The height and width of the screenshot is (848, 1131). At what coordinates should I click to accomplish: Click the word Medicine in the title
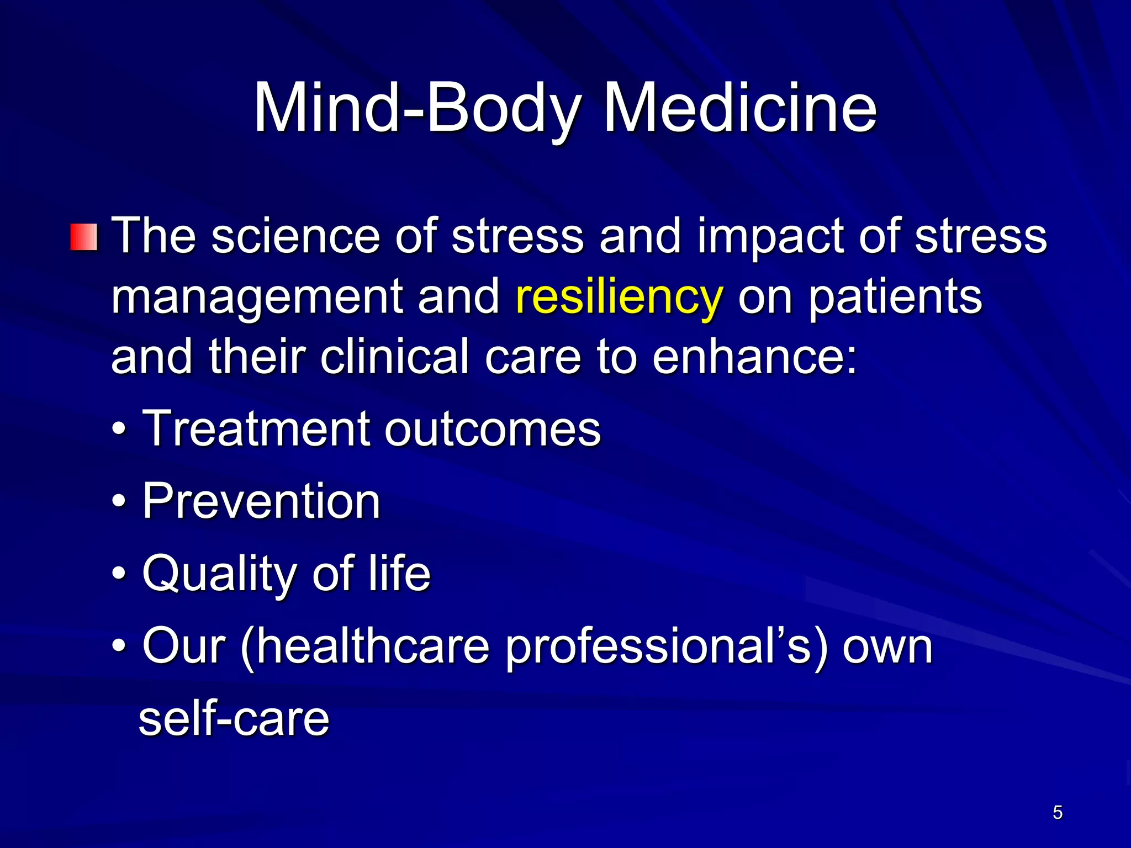(740, 108)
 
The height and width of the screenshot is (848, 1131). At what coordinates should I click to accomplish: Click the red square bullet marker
(84, 237)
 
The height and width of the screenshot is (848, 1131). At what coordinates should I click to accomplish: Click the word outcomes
(492, 430)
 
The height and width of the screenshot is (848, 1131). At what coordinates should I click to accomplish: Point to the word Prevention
(261, 501)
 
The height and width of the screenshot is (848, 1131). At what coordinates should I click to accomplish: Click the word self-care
(234, 719)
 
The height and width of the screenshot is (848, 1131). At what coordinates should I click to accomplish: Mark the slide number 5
(1058, 812)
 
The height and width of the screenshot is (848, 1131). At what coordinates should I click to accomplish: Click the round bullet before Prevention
(119, 502)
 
